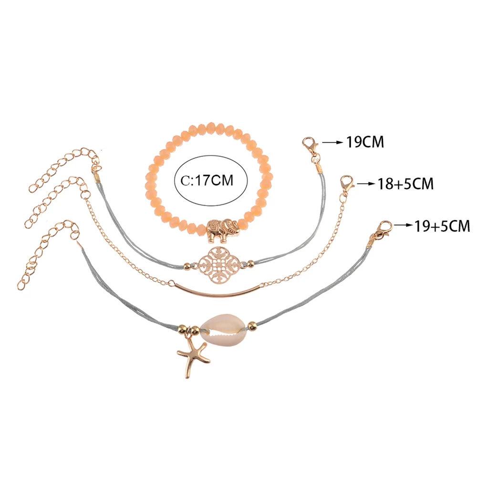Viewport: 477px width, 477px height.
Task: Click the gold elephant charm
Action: pos(223,231)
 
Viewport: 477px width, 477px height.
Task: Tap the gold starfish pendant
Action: pos(192,358)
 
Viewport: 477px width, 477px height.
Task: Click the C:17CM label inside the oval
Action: pos(207,180)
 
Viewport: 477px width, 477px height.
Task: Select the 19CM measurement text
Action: pos(365,142)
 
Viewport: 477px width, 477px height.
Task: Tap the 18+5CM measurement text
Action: pos(405,184)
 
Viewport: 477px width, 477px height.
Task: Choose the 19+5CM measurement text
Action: pos(442,226)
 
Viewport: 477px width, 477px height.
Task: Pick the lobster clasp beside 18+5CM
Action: pos(347,184)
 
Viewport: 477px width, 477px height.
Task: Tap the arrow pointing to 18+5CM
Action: pos(366,184)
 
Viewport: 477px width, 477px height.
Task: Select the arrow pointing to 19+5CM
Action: pos(403,226)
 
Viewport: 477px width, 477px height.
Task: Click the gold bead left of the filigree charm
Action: pos(187,266)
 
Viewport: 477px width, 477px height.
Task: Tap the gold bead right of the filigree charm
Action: pos(250,264)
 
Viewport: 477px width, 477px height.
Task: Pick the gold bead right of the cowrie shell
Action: pos(252,325)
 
